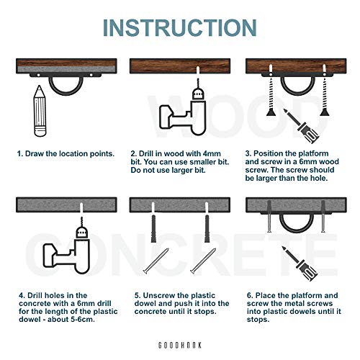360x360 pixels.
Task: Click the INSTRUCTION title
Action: (180, 27)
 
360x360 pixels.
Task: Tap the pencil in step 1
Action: (40, 111)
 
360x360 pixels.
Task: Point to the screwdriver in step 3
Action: (301, 126)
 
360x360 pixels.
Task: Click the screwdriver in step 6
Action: (300, 264)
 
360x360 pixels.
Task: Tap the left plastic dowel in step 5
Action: (153, 229)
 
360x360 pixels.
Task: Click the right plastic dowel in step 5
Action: (207, 229)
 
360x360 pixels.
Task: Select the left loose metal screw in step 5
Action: (156, 261)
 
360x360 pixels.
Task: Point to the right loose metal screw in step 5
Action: (203, 261)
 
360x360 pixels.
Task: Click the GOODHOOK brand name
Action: (180, 346)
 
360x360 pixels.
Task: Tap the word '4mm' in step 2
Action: (212, 153)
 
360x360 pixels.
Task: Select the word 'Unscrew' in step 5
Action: (158, 295)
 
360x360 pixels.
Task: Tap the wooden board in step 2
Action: (180, 66)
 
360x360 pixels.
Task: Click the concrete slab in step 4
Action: (66, 204)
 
